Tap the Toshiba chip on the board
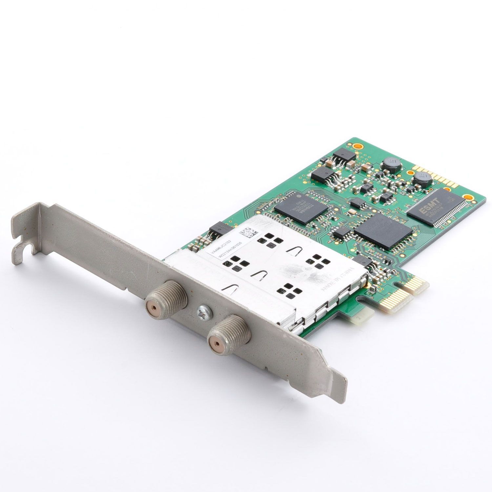coord(301,207)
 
